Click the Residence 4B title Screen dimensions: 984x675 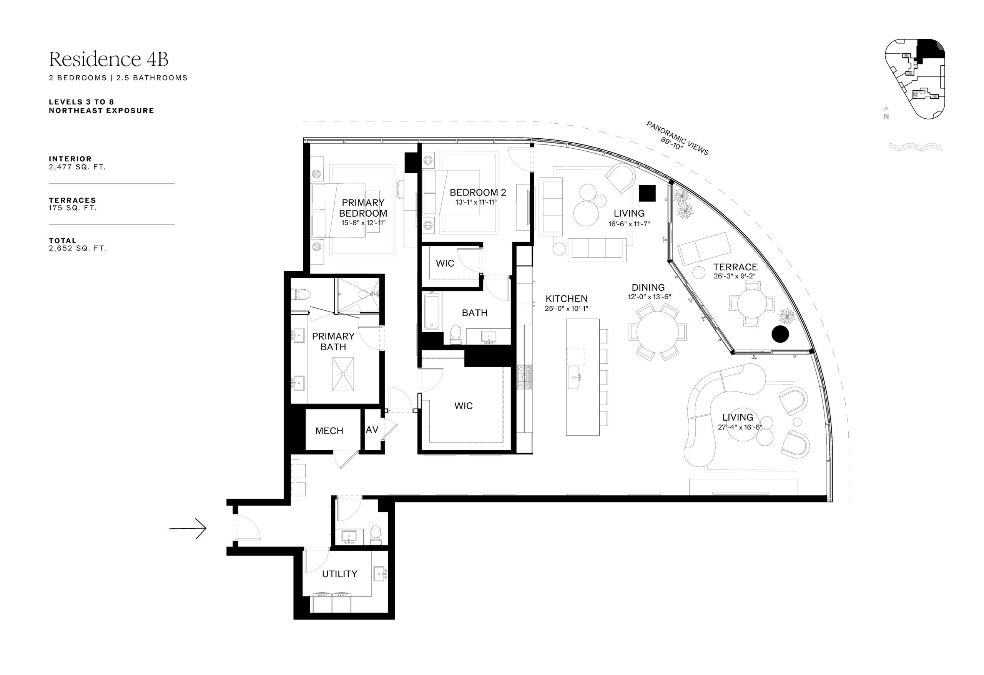pos(108,59)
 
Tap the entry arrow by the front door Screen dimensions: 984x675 pos(188,529)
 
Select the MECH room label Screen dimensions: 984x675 pos(329,431)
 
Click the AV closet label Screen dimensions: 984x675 pos(372,430)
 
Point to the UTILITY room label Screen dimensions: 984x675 pos(339,574)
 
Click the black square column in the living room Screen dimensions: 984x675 pos(647,193)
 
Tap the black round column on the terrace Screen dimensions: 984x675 pos(780,334)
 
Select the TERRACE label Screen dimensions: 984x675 pos(735,267)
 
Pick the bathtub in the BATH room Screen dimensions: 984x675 pos(432,311)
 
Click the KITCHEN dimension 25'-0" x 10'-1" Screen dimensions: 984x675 pos(566,308)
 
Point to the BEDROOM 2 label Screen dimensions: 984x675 pos(478,192)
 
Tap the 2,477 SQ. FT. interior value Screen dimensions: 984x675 pos(77,167)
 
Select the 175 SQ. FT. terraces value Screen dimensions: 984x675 pos(72,208)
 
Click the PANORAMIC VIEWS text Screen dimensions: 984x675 pos(677,138)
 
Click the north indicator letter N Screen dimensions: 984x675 pos(886,117)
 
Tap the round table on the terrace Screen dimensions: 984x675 pos(752,304)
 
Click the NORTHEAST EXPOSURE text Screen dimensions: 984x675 pos(101,111)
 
